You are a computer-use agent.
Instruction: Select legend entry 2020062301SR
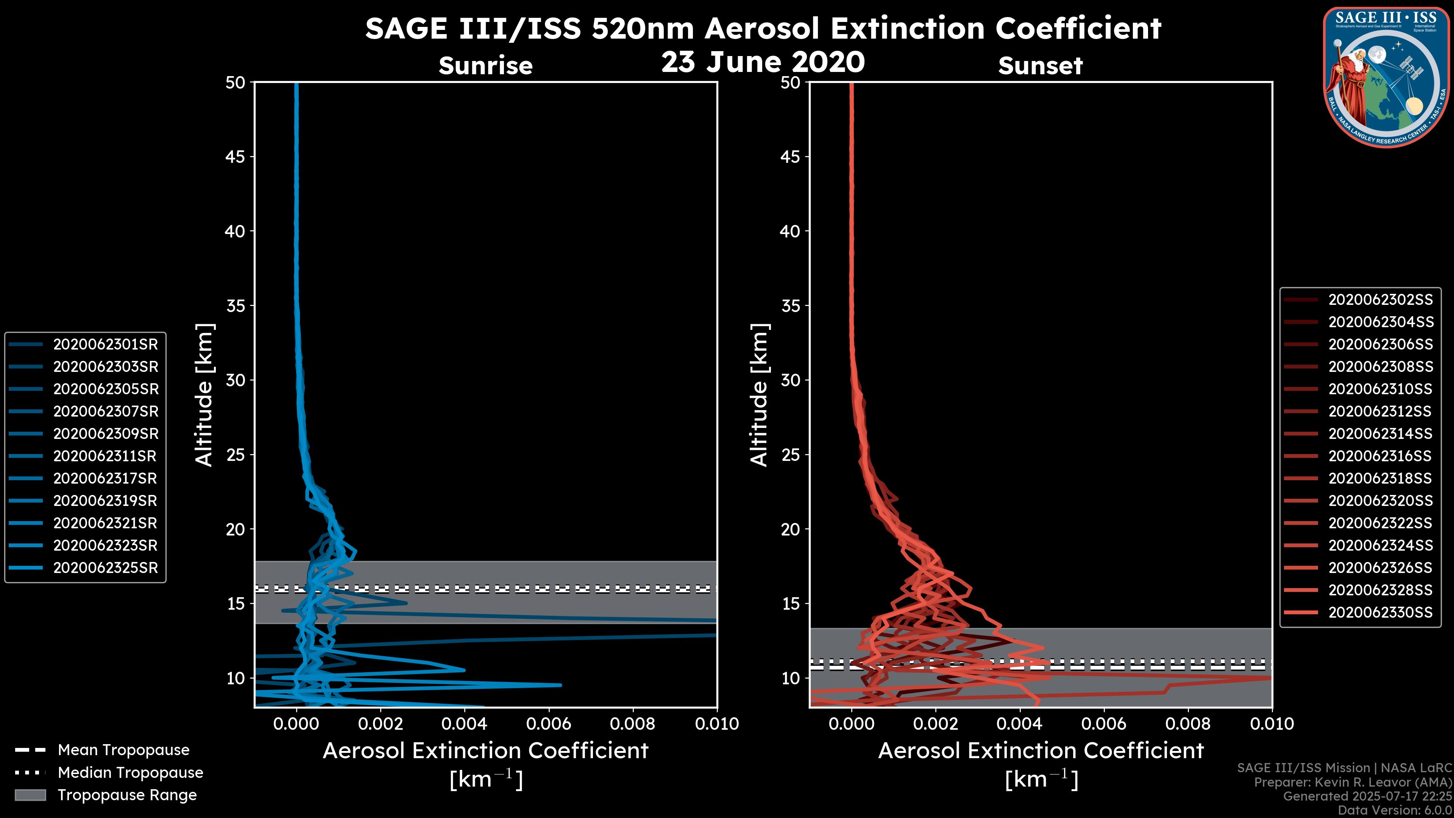[106, 344]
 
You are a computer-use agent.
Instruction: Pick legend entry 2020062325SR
[106, 568]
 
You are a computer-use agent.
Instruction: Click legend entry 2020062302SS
[1381, 300]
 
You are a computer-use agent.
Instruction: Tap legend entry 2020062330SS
[1381, 612]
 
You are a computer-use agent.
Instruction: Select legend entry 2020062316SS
[1380, 456]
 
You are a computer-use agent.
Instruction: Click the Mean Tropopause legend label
[123, 750]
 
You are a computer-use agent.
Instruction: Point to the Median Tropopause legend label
[130, 773]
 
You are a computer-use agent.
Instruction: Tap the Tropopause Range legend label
[127, 795]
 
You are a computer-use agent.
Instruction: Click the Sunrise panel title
[485, 66]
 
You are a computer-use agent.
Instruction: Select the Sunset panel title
[1040, 66]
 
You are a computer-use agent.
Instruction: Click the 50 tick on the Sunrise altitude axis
[236, 83]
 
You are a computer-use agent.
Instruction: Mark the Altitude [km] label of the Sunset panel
[759, 395]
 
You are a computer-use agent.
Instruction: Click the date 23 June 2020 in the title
[763, 62]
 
